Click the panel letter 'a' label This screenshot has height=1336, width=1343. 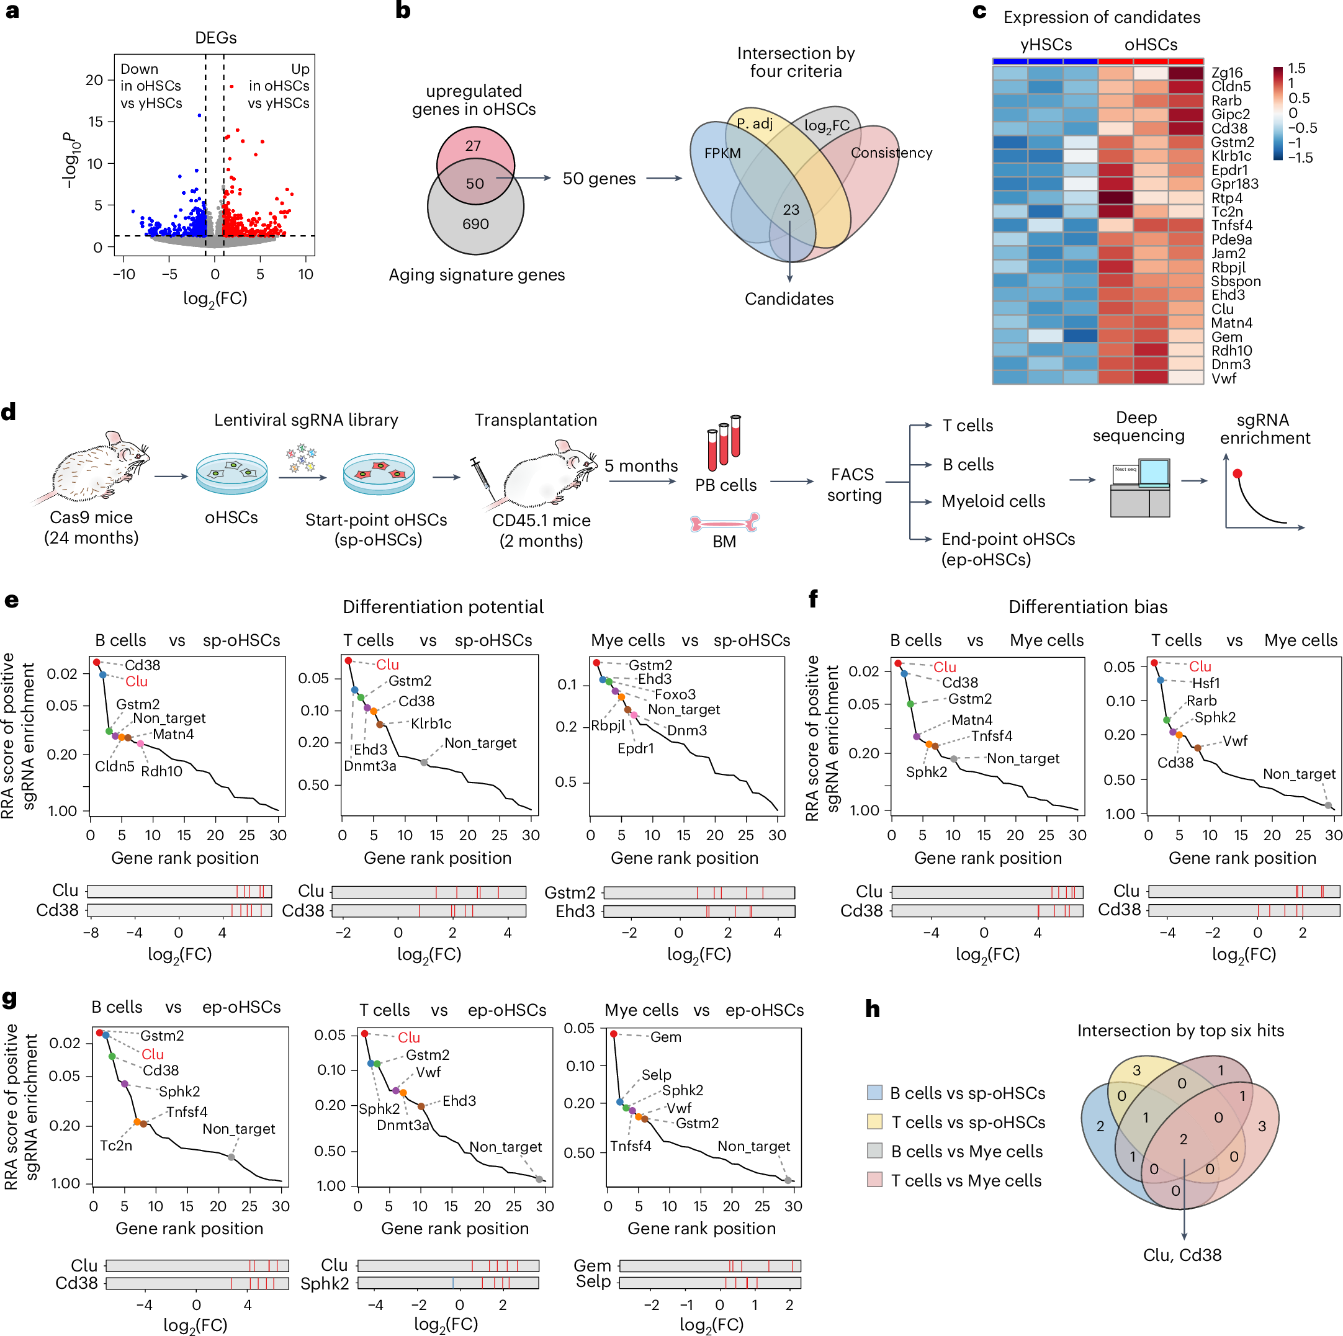[x=12, y=12]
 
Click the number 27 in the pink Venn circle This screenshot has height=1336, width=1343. [x=473, y=146]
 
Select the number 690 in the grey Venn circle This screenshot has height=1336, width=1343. [x=475, y=224]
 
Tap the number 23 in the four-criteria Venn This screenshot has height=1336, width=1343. [x=791, y=210]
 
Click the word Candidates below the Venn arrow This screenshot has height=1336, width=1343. [x=789, y=299]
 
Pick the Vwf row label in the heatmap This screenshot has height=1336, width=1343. [x=1224, y=378]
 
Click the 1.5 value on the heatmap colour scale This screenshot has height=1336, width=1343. [x=1296, y=68]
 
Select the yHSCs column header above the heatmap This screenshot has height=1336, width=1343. [x=1046, y=45]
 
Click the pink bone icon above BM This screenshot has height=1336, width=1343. [x=724, y=522]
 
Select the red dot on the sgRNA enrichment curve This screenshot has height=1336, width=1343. [x=1237, y=473]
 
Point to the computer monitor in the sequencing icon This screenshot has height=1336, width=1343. [x=1154, y=472]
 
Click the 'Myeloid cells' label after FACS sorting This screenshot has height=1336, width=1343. [x=992, y=501]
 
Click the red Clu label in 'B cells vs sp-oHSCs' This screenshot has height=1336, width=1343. [x=137, y=681]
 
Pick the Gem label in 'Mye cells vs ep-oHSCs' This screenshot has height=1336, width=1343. [x=665, y=1036]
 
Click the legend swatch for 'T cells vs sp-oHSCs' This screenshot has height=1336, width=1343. [x=874, y=1121]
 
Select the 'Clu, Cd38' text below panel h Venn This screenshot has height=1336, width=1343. [x=1182, y=1255]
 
